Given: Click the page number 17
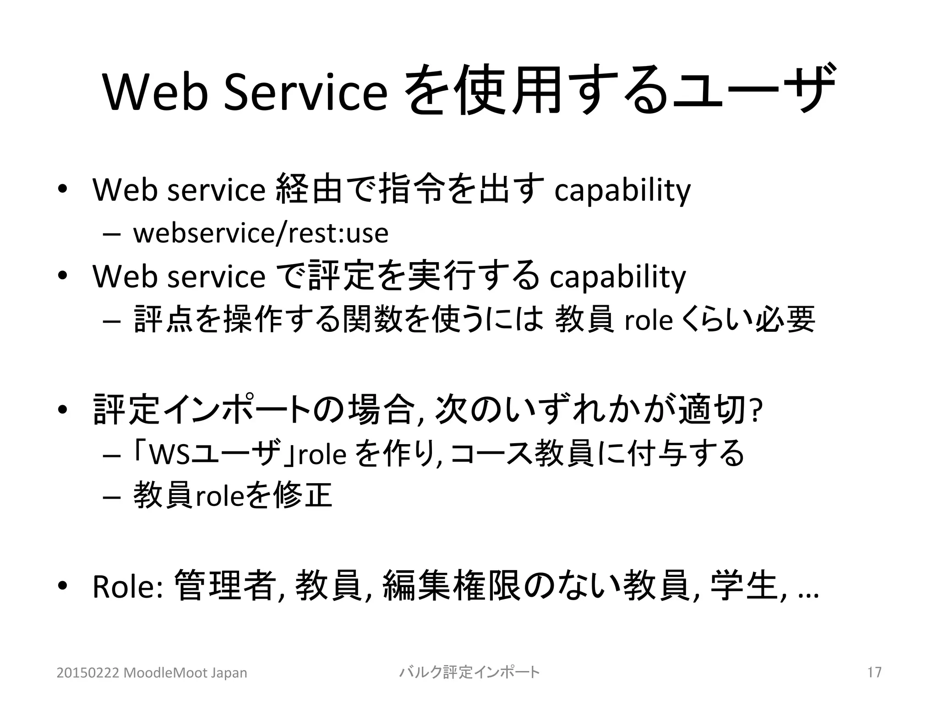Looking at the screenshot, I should click(x=874, y=672).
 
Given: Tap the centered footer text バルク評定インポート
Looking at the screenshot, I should click(x=469, y=672).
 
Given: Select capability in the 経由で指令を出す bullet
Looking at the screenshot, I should click(x=622, y=191).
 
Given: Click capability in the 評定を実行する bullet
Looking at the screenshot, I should click(x=617, y=277).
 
